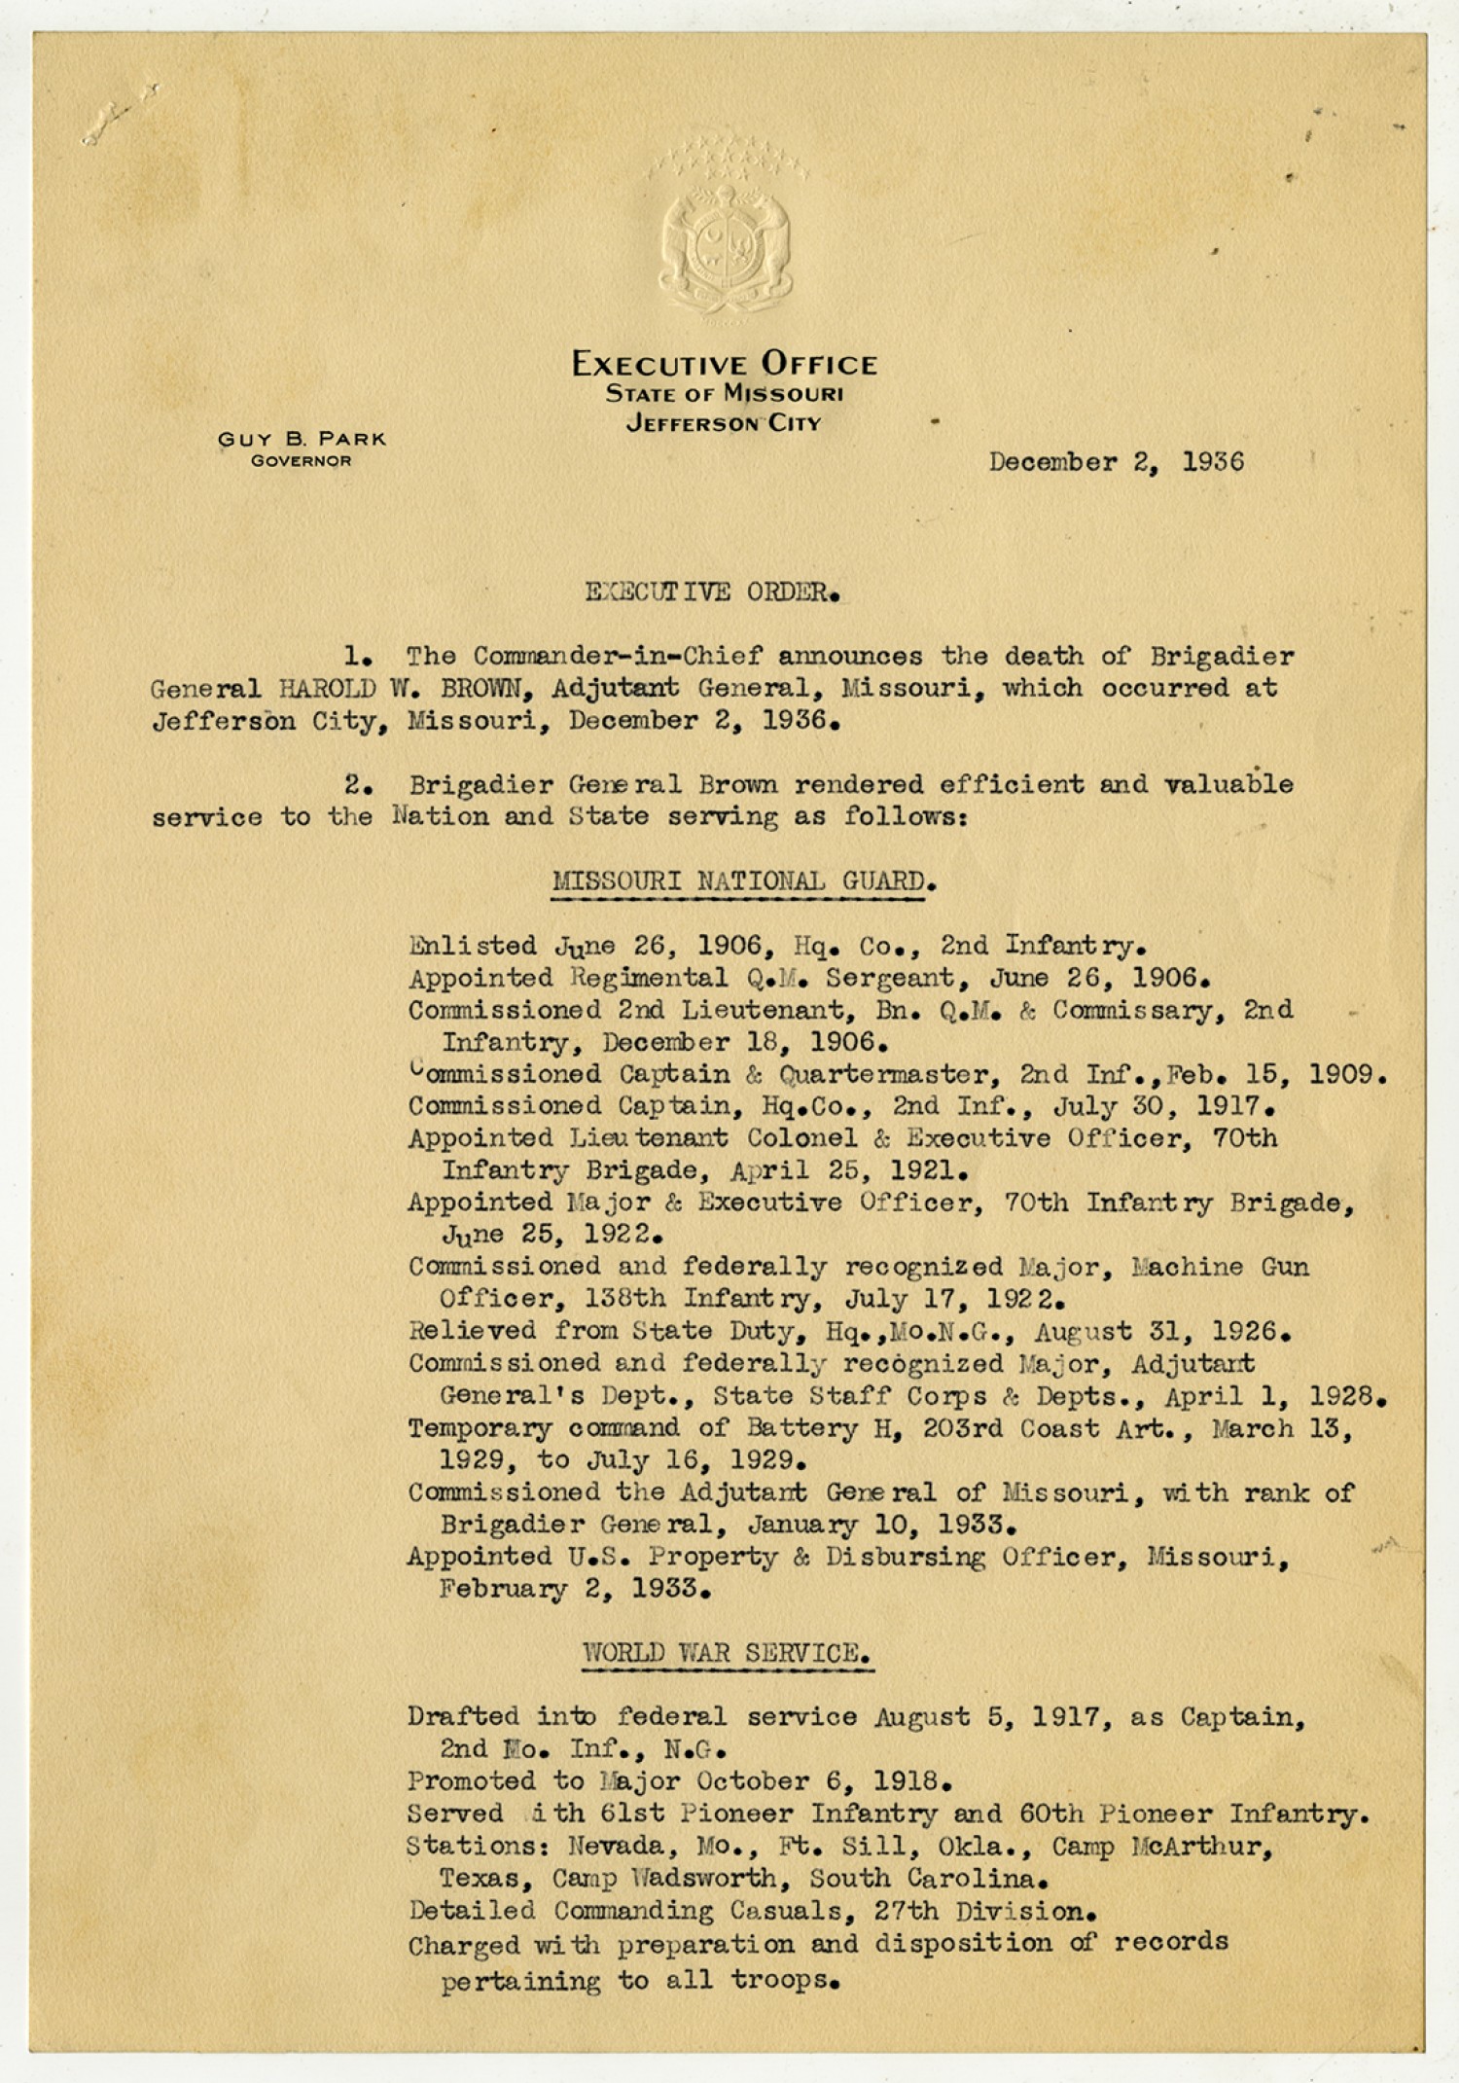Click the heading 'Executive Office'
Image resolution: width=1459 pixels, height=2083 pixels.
click(x=725, y=365)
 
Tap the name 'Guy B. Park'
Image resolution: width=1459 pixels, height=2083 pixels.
click(x=302, y=439)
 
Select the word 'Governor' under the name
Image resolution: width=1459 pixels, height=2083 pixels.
click(x=302, y=461)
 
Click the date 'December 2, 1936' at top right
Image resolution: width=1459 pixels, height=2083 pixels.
click(x=1116, y=462)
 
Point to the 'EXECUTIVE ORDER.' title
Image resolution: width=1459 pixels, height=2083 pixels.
click(x=713, y=593)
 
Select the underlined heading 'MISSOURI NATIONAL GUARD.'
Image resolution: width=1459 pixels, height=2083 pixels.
click(x=743, y=881)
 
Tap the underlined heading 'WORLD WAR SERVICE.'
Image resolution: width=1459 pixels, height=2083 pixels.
click(x=727, y=1653)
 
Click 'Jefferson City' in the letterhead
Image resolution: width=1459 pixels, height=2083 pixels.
click(x=725, y=424)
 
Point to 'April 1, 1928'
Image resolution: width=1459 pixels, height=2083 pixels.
click(x=1272, y=1397)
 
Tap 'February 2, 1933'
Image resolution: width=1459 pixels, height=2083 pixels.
click(x=574, y=1590)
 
